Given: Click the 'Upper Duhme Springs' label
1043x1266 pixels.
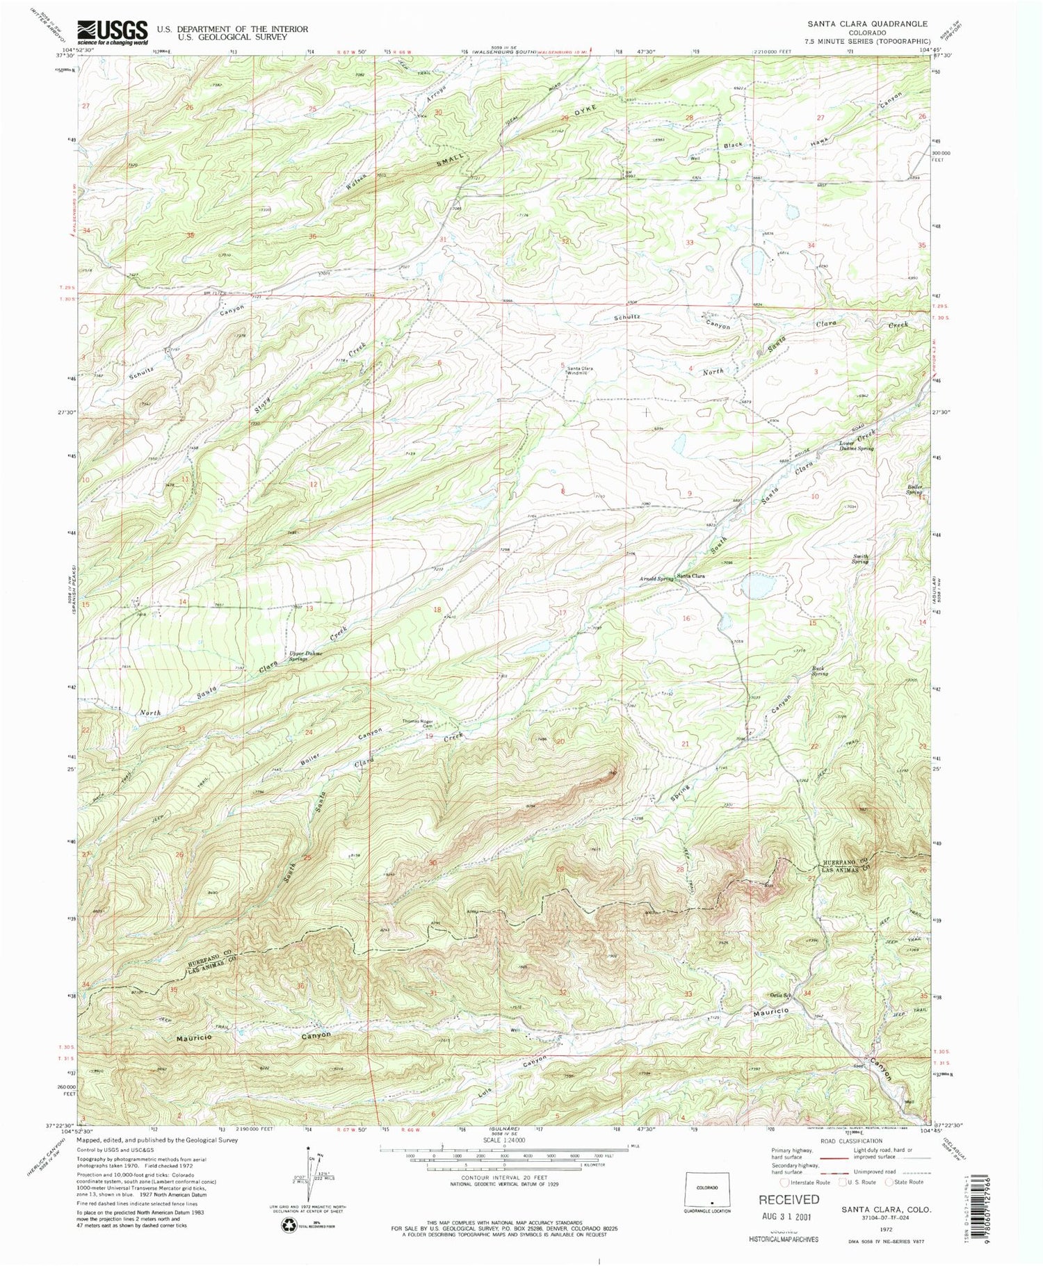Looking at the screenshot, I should point(303,655).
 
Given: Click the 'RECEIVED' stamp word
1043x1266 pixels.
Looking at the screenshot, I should point(789,1199).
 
